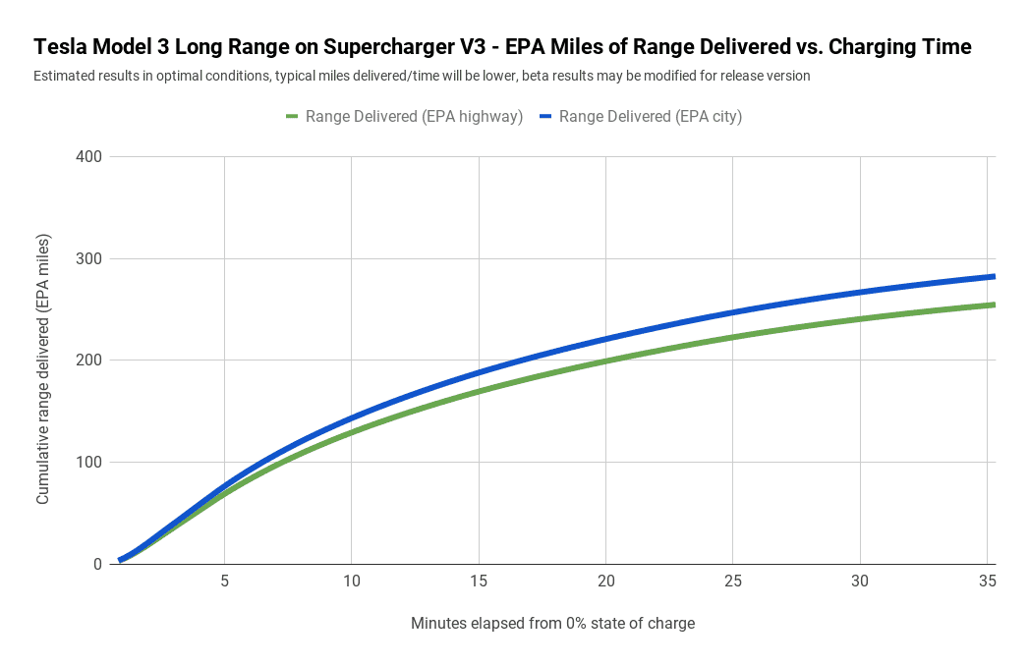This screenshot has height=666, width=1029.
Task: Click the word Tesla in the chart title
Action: [x=61, y=47]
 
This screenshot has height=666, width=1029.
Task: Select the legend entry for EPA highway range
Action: [x=414, y=116]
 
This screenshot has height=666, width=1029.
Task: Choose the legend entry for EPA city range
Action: [x=650, y=116]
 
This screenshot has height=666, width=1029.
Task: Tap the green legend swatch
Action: [x=292, y=116]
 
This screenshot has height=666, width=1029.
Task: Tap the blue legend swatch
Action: [x=545, y=116]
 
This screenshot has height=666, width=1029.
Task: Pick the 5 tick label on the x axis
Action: [x=224, y=582]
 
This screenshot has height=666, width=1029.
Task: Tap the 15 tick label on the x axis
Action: [x=479, y=582]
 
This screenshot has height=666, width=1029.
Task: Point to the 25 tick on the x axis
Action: [x=733, y=582]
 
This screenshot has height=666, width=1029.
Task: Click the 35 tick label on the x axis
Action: [x=988, y=582]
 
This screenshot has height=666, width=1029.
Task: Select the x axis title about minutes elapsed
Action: [x=552, y=624]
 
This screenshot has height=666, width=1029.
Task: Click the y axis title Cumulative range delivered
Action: [x=43, y=369]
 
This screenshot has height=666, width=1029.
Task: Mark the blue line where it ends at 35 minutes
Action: [x=993, y=276]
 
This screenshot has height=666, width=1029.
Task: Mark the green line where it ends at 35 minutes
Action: [x=993, y=305]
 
